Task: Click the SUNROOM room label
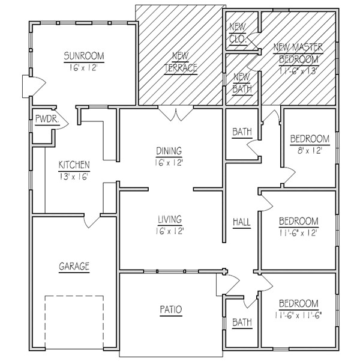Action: click(84, 56)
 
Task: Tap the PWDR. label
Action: click(47, 119)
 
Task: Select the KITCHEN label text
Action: click(74, 165)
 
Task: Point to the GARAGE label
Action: click(74, 266)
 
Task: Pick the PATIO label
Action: click(171, 309)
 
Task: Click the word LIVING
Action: click(170, 219)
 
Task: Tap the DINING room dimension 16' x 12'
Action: click(169, 163)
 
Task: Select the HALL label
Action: click(242, 222)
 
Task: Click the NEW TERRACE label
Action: click(181, 62)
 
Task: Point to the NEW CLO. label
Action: click(238, 33)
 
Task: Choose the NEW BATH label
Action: click(242, 83)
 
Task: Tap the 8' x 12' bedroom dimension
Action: click(310, 151)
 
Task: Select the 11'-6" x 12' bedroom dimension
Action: click(299, 233)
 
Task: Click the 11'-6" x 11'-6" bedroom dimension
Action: click(299, 315)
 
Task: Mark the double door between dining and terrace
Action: click(176, 114)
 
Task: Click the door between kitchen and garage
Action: click(92, 221)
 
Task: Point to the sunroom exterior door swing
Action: click(34, 86)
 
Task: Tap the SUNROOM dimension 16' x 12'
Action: click(83, 68)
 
